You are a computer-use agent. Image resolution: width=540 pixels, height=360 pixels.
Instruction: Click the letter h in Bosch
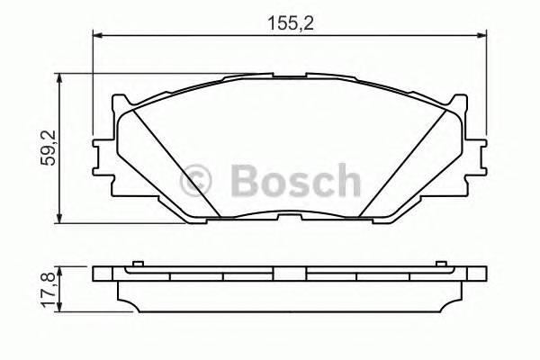pyautogui.click(x=345, y=181)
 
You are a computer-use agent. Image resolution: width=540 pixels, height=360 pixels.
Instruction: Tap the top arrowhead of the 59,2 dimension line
pyautogui.click(x=61, y=79)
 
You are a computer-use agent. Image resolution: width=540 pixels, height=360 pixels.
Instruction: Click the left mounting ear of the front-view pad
pyautogui.click(x=102, y=154)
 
